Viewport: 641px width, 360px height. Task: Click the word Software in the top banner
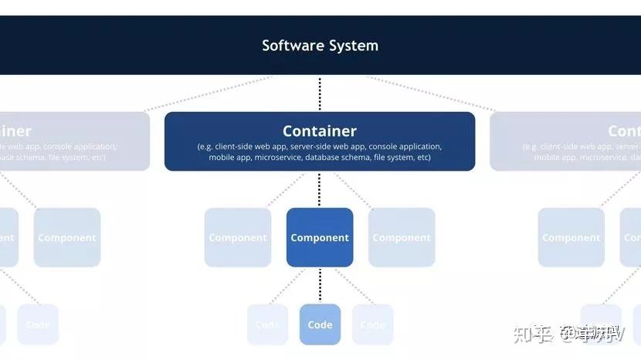click(293, 45)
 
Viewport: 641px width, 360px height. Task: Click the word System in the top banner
click(354, 45)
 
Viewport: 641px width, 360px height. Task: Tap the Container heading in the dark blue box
click(320, 131)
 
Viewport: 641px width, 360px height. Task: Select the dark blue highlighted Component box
click(320, 237)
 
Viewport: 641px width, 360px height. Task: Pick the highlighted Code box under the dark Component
click(320, 324)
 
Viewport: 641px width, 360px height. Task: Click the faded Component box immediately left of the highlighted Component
click(238, 237)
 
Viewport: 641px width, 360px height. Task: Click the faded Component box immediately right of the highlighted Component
click(402, 237)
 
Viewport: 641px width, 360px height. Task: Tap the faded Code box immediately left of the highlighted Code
click(267, 324)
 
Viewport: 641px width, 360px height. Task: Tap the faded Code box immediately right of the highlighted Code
click(372, 324)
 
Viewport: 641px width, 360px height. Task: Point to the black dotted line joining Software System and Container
click(320, 93)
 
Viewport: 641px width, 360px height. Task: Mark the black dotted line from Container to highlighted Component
click(320, 189)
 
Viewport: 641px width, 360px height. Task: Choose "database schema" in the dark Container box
click(337, 158)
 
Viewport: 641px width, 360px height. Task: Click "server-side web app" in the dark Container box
click(326, 146)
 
